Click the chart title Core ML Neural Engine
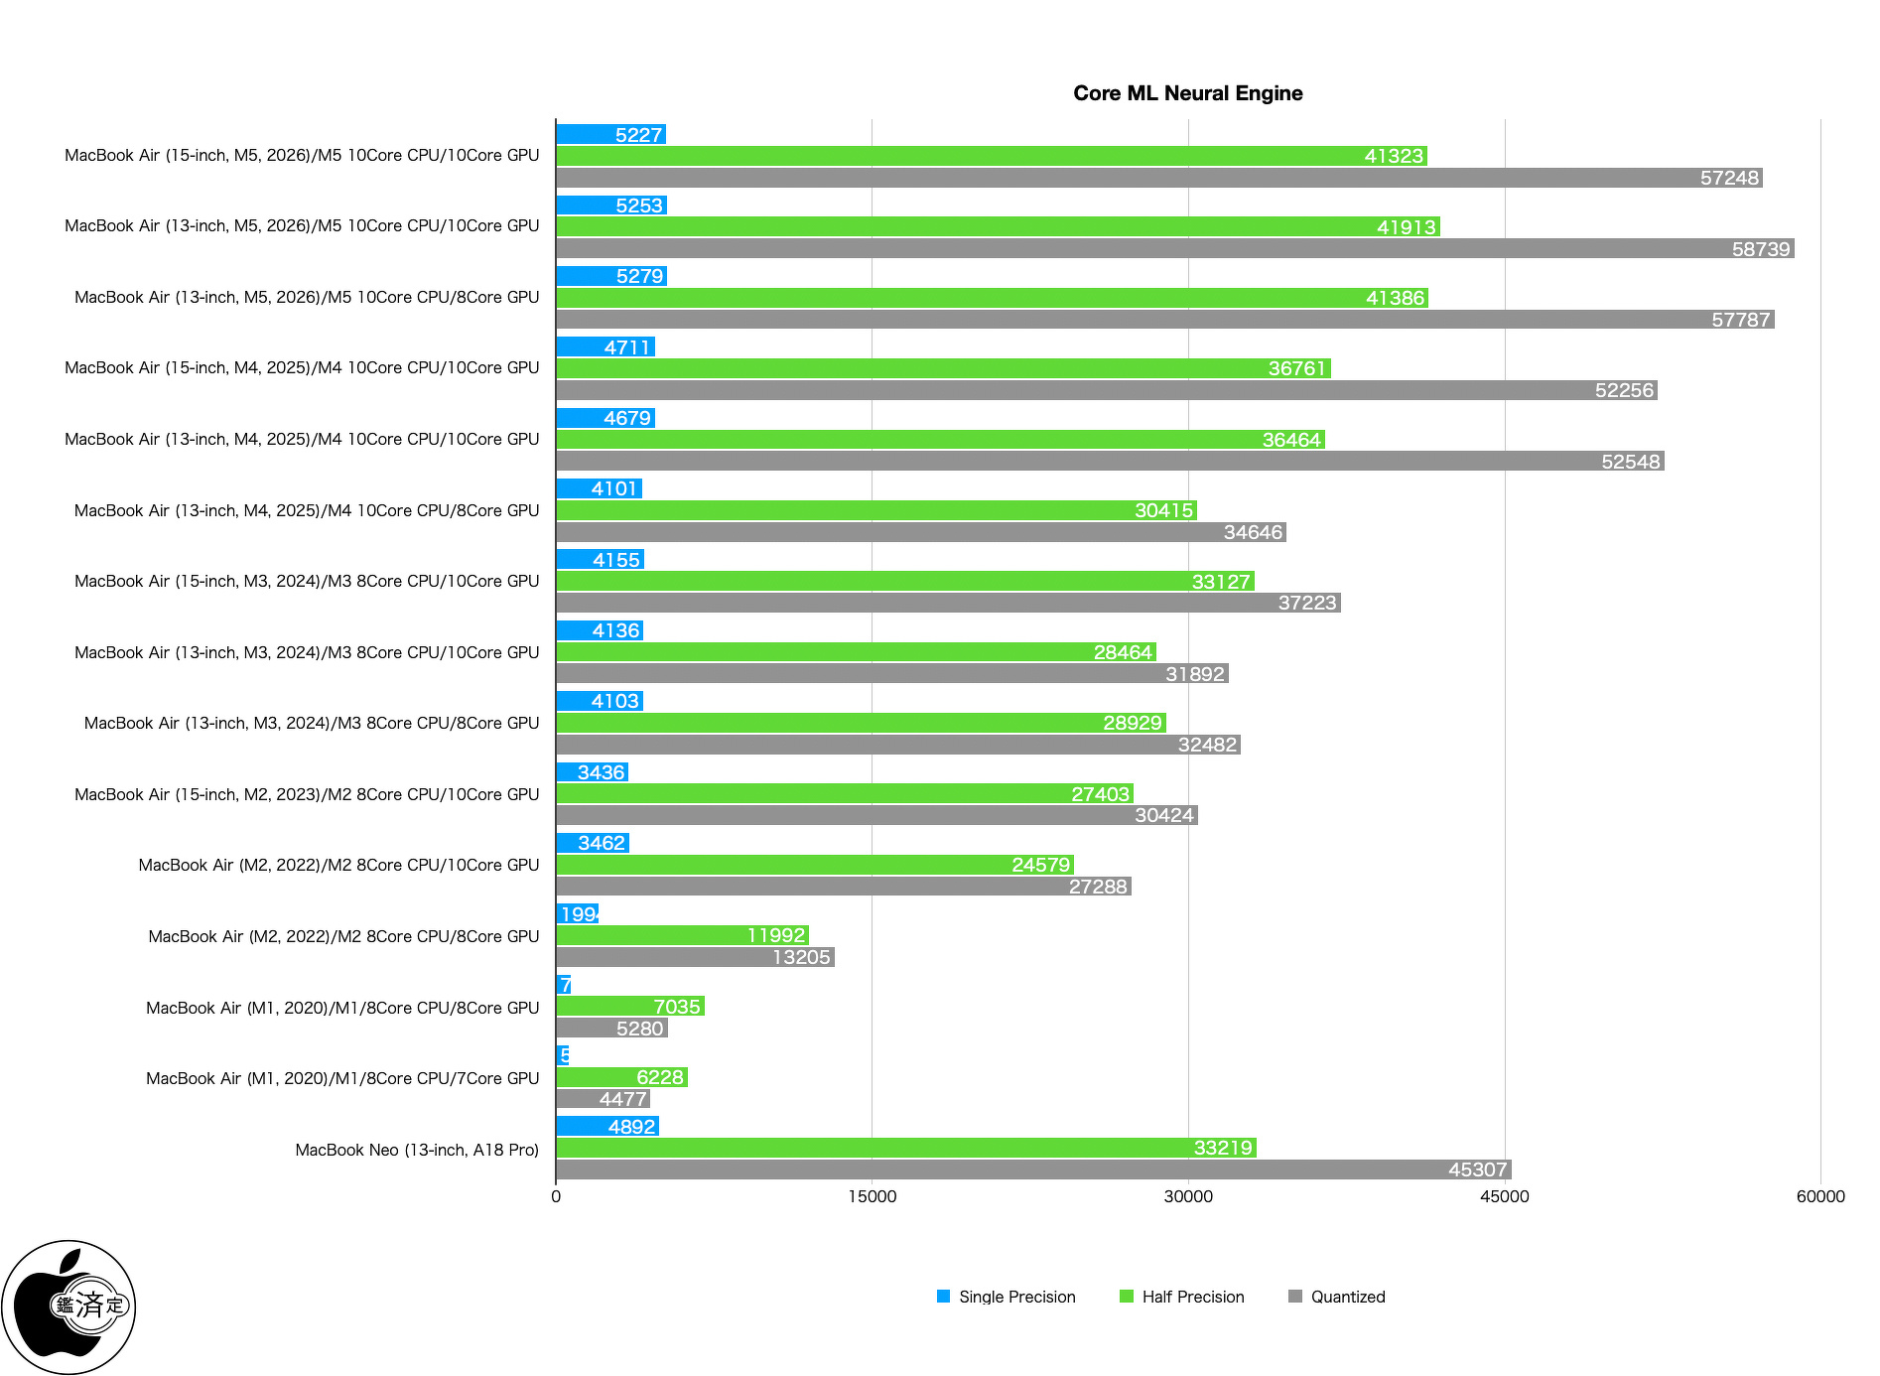tap(1187, 93)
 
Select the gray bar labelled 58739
tap(1174, 249)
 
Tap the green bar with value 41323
tap(991, 156)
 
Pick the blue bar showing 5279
tap(611, 276)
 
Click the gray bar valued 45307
tap(1033, 1170)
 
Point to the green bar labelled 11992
tap(682, 935)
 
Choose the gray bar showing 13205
tap(695, 957)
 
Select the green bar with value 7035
tap(630, 1007)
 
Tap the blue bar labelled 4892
tap(607, 1127)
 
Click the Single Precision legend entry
tap(1006, 1297)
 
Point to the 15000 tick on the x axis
tap(872, 1196)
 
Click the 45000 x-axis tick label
tap(1504, 1196)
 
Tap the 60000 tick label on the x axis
tap(1819, 1196)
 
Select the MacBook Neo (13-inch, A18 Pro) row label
tap(417, 1150)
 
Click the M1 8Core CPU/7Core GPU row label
tap(342, 1078)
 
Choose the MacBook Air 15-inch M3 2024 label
tap(307, 581)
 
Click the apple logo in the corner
tap(68, 1307)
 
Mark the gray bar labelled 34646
tap(921, 532)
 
